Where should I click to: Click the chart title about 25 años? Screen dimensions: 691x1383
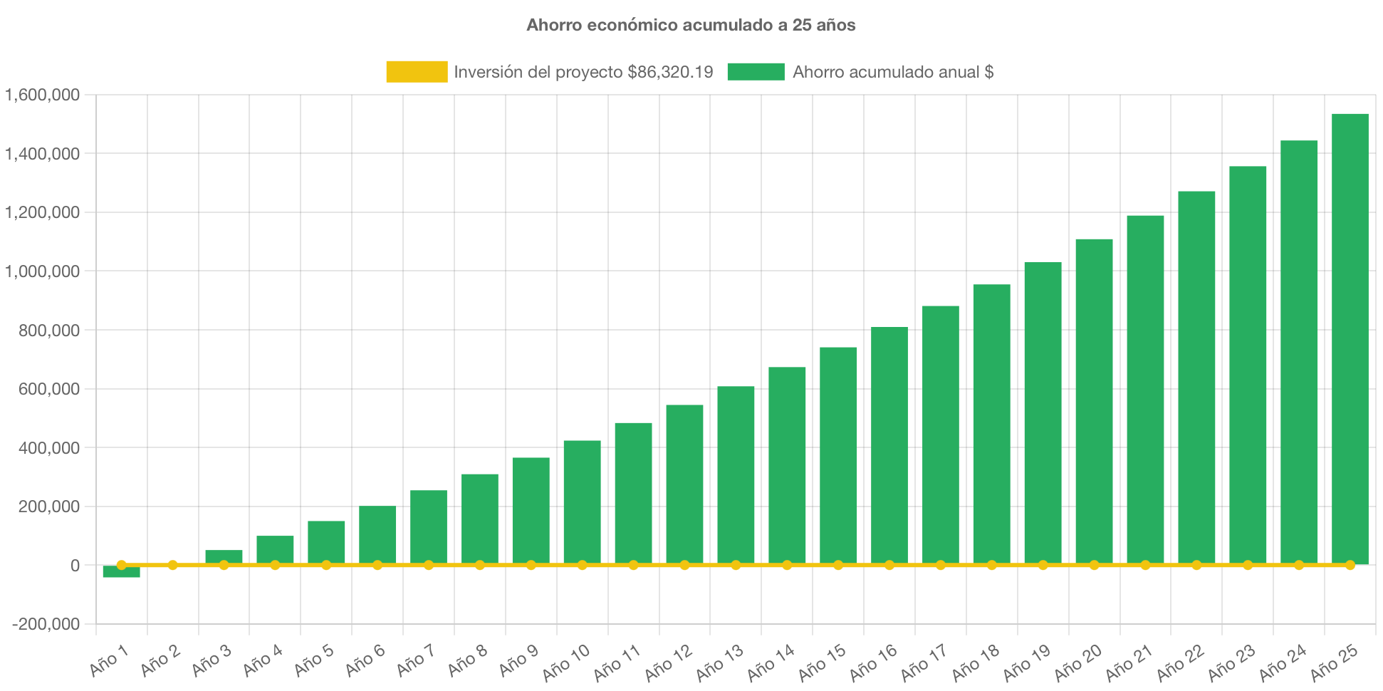point(691,25)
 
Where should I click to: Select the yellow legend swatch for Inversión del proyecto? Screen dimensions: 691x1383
point(417,71)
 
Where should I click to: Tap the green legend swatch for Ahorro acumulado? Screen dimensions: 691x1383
point(756,71)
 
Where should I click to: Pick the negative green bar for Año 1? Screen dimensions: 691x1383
point(121,572)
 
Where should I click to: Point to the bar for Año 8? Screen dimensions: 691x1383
point(479,518)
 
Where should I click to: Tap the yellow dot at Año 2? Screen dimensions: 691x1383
point(172,565)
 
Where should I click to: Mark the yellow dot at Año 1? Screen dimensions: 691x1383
point(121,565)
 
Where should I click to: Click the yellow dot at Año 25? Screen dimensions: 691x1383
point(1350,565)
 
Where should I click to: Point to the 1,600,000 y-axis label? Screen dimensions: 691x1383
point(43,95)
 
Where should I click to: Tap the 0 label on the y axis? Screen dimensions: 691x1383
point(75,566)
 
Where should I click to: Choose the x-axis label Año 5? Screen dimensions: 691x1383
point(314,661)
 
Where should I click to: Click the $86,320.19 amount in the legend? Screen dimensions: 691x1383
point(670,72)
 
